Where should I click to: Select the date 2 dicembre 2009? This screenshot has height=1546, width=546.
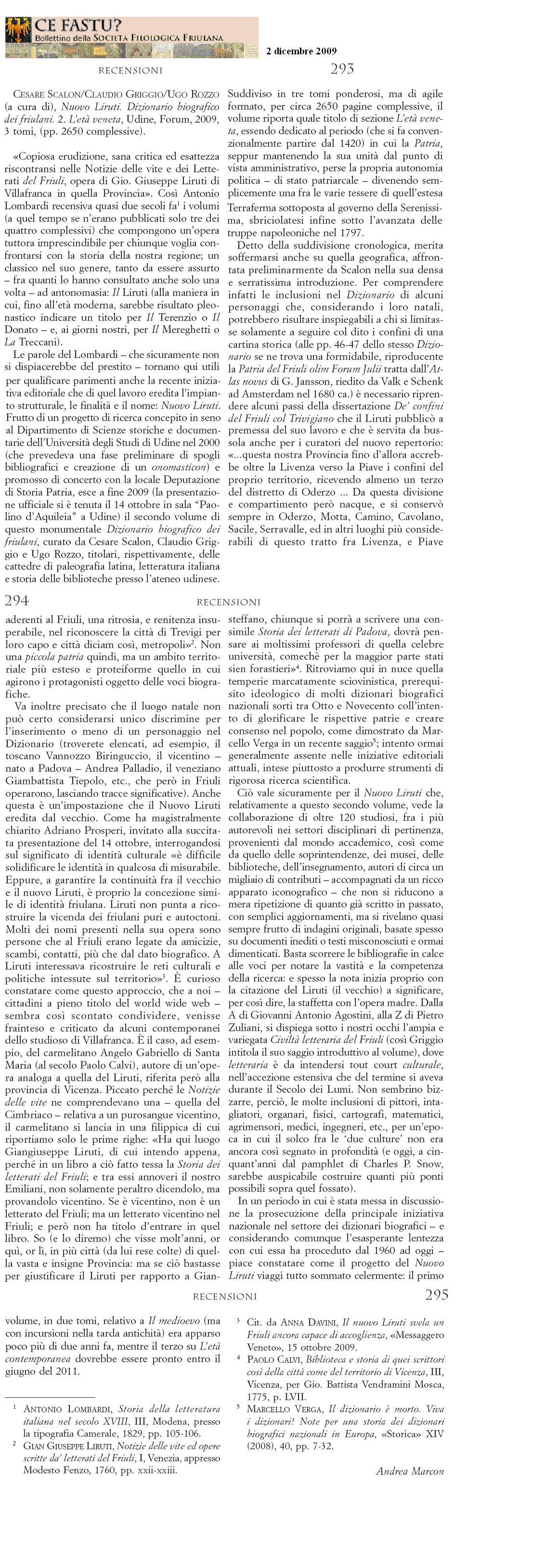tap(301, 51)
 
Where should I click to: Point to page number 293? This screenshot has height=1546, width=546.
tap(342, 69)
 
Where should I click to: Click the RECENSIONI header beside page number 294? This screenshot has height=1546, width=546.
tap(228, 601)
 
